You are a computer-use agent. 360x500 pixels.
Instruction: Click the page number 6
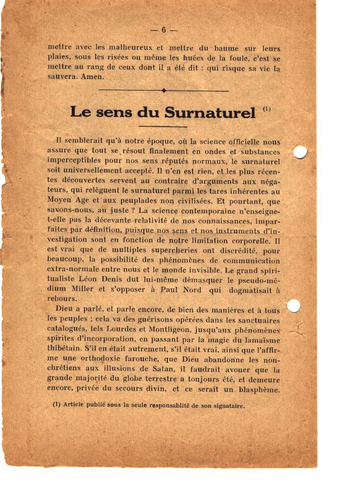click(163, 30)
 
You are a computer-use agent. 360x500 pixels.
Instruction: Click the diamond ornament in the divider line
click(163, 90)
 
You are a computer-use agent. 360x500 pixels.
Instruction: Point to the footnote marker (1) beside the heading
click(267, 109)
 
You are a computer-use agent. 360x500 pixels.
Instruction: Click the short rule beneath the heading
click(162, 127)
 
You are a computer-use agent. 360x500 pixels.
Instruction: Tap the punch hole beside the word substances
click(301, 152)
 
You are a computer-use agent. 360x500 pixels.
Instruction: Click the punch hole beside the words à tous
click(293, 306)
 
